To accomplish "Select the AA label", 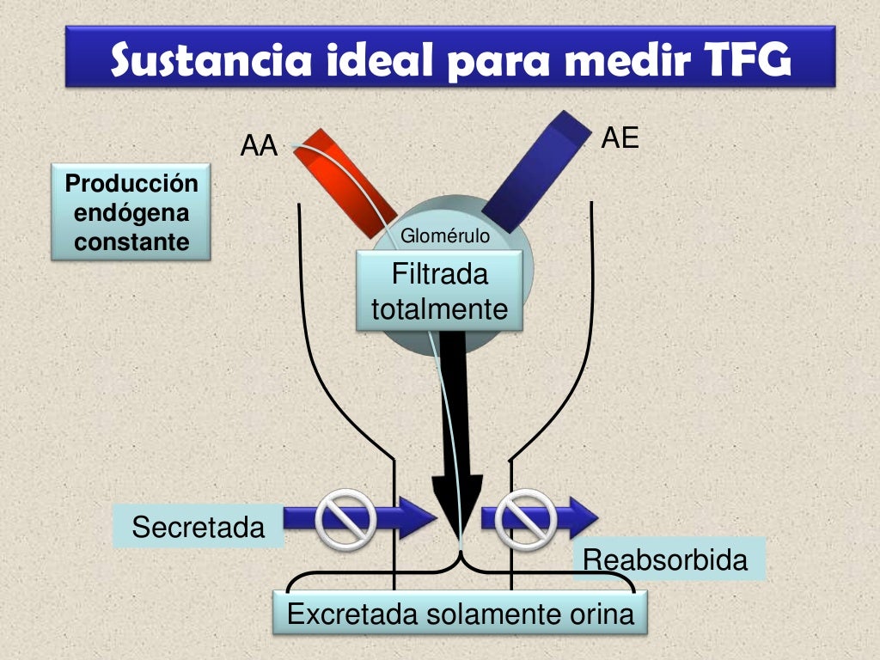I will [260, 147].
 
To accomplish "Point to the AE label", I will [620, 137].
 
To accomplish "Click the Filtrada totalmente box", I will [439, 293].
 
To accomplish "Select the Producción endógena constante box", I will [131, 213].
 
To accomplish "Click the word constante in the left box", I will [131, 242].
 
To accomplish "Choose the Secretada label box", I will [199, 527].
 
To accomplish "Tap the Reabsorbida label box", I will [665, 560].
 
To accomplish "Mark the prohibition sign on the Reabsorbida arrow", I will [528, 518].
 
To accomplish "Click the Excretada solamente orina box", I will [461, 614].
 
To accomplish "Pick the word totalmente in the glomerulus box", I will [439, 309].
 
